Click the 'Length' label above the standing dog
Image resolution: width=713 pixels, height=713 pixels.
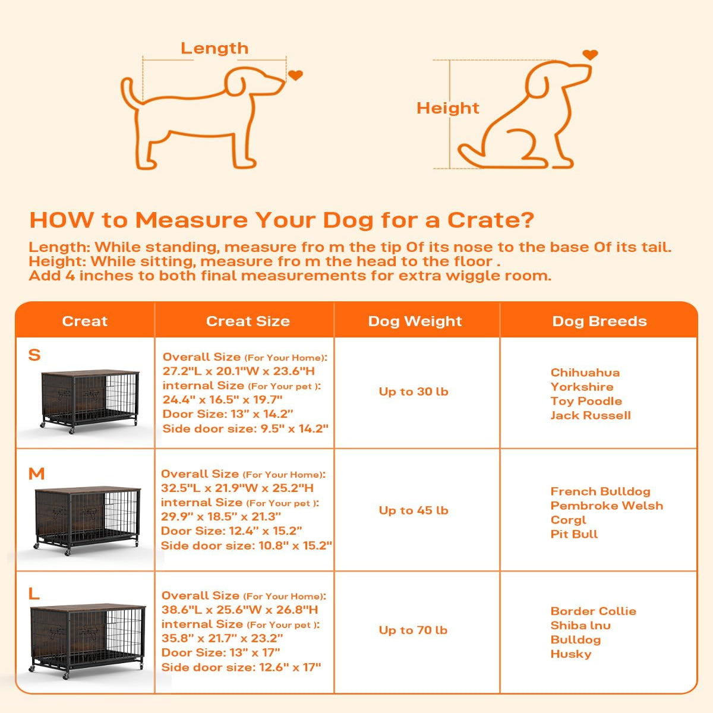coord(214,48)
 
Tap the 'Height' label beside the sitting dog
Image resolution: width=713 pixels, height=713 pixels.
coord(447,108)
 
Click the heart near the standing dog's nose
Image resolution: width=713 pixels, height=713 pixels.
coord(295,75)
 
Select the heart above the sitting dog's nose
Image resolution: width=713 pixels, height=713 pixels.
coord(589,55)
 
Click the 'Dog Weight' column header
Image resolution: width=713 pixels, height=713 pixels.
coord(415,321)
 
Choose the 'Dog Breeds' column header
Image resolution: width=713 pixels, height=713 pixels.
coord(599,321)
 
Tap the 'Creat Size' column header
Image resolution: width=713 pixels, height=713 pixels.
coord(248,321)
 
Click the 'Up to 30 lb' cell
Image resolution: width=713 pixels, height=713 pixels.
coord(414,392)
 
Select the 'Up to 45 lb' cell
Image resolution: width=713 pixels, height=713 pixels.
coord(414,510)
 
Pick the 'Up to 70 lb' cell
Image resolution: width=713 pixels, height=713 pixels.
coord(413,630)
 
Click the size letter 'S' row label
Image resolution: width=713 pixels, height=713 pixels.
coord(34,355)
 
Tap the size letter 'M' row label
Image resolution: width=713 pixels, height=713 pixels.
coord(36,474)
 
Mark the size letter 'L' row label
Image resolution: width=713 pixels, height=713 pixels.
coord(34,593)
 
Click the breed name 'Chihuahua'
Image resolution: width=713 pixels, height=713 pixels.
coord(585,373)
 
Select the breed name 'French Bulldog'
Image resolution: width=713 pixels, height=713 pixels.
coord(600,491)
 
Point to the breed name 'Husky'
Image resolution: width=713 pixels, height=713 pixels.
coord(570,654)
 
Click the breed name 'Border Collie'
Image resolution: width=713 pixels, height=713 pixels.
coord(593,611)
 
